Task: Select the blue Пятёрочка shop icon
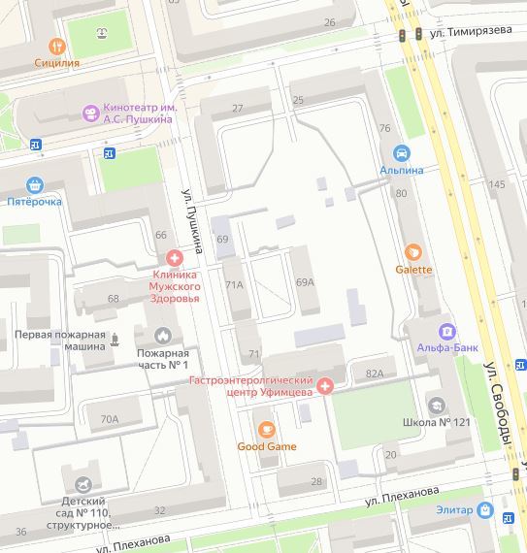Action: [x=35, y=184]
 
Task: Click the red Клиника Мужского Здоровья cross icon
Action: [x=174, y=258]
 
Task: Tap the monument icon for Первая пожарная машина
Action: [x=115, y=339]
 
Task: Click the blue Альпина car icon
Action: [x=401, y=153]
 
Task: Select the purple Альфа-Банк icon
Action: [x=445, y=331]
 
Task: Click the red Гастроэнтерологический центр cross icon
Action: [x=325, y=386]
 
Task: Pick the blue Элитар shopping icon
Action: [x=485, y=510]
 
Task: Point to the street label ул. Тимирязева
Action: [x=472, y=30]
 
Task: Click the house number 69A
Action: [x=305, y=282]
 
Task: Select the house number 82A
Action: [x=375, y=374]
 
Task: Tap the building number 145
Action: [x=497, y=184]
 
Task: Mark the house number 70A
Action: [x=109, y=419]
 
